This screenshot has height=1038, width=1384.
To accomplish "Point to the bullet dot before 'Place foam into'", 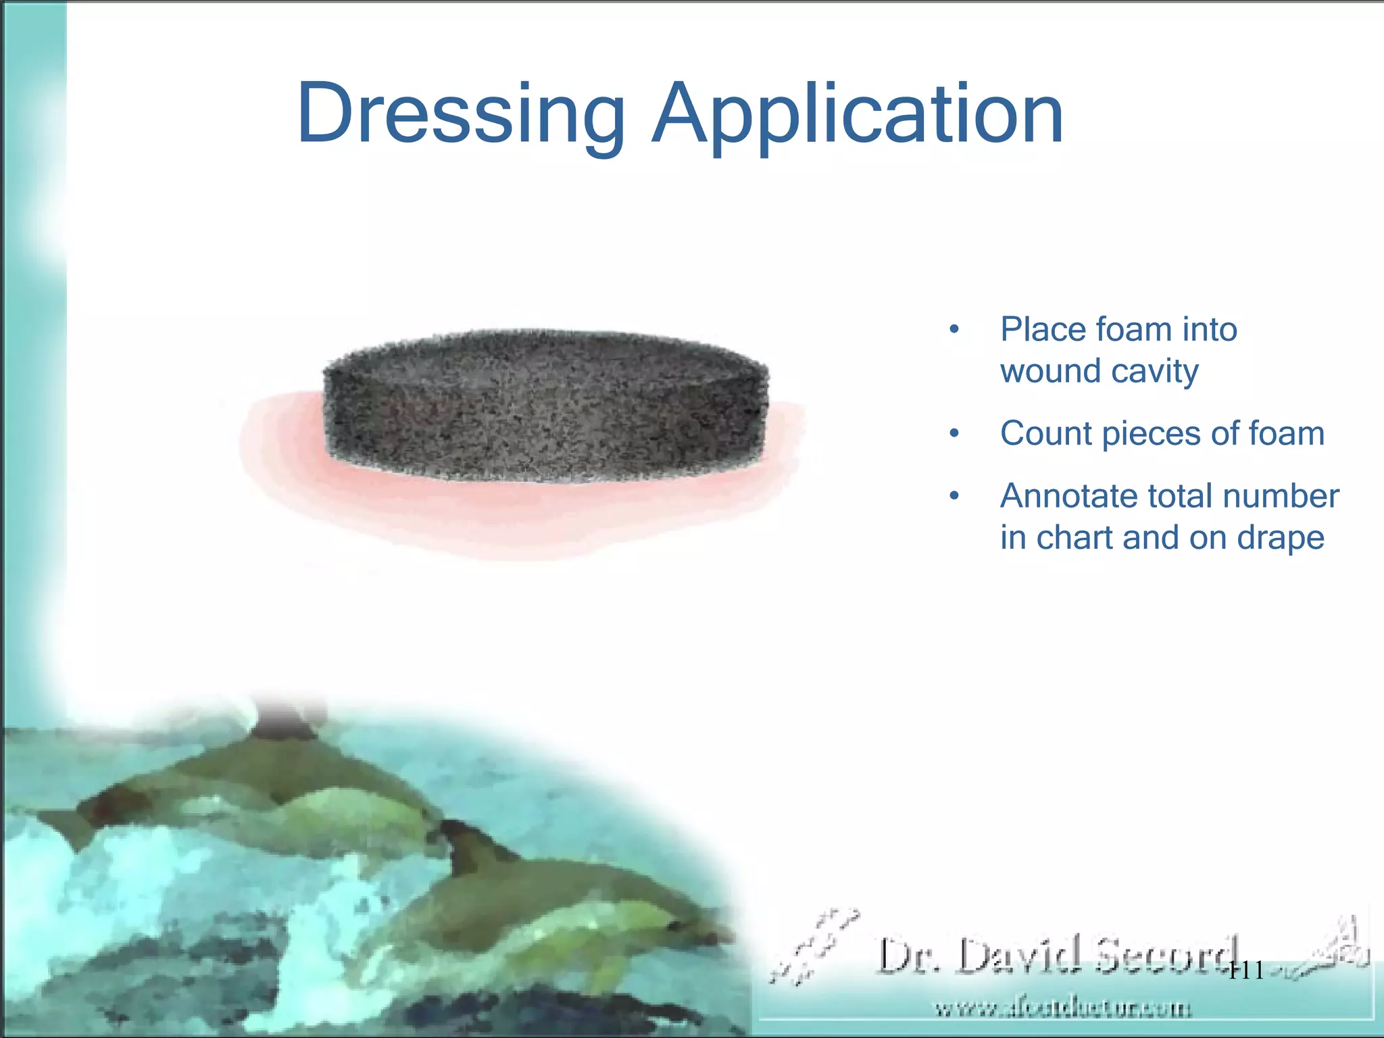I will (954, 330).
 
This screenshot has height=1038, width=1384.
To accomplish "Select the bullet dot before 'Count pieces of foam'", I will (954, 434).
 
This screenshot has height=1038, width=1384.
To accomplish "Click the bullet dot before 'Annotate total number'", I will (954, 497).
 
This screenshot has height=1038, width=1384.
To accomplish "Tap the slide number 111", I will (1245, 971).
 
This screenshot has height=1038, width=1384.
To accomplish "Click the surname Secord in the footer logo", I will (1166, 955).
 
